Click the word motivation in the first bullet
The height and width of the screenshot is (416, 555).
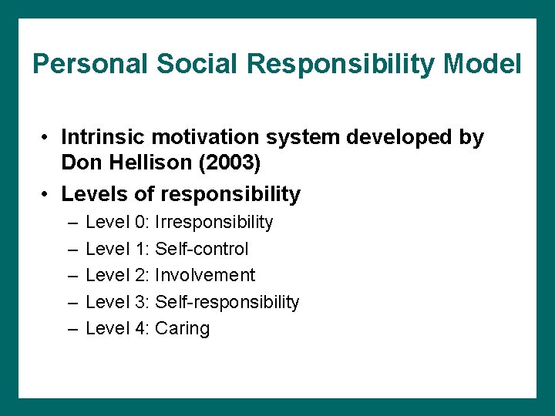click(205, 138)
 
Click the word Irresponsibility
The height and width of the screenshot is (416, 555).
click(214, 223)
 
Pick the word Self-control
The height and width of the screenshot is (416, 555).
click(202, 249)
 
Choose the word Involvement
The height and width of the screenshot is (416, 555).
click(205, 275)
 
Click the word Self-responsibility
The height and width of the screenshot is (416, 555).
click(227, 302)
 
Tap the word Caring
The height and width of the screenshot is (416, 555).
click(183, 329)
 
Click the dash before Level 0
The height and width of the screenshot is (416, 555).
click(72, 223)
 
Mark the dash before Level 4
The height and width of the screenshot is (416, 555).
click(72, 329)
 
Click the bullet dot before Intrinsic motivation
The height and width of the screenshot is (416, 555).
click(47, 139)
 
